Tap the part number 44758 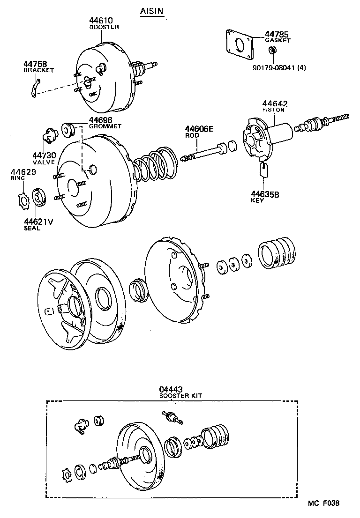tap(35, 64)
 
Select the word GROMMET tap(105, 126)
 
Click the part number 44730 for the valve tap(44, 155)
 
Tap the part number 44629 tap(22, 173)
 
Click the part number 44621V tap(38, 222)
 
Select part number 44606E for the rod tap(199, 129)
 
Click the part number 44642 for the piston tap(275, 104)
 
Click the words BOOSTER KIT tap(180, 396)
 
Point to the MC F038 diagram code tap(323, 503)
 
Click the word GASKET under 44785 tap(277, 41)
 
